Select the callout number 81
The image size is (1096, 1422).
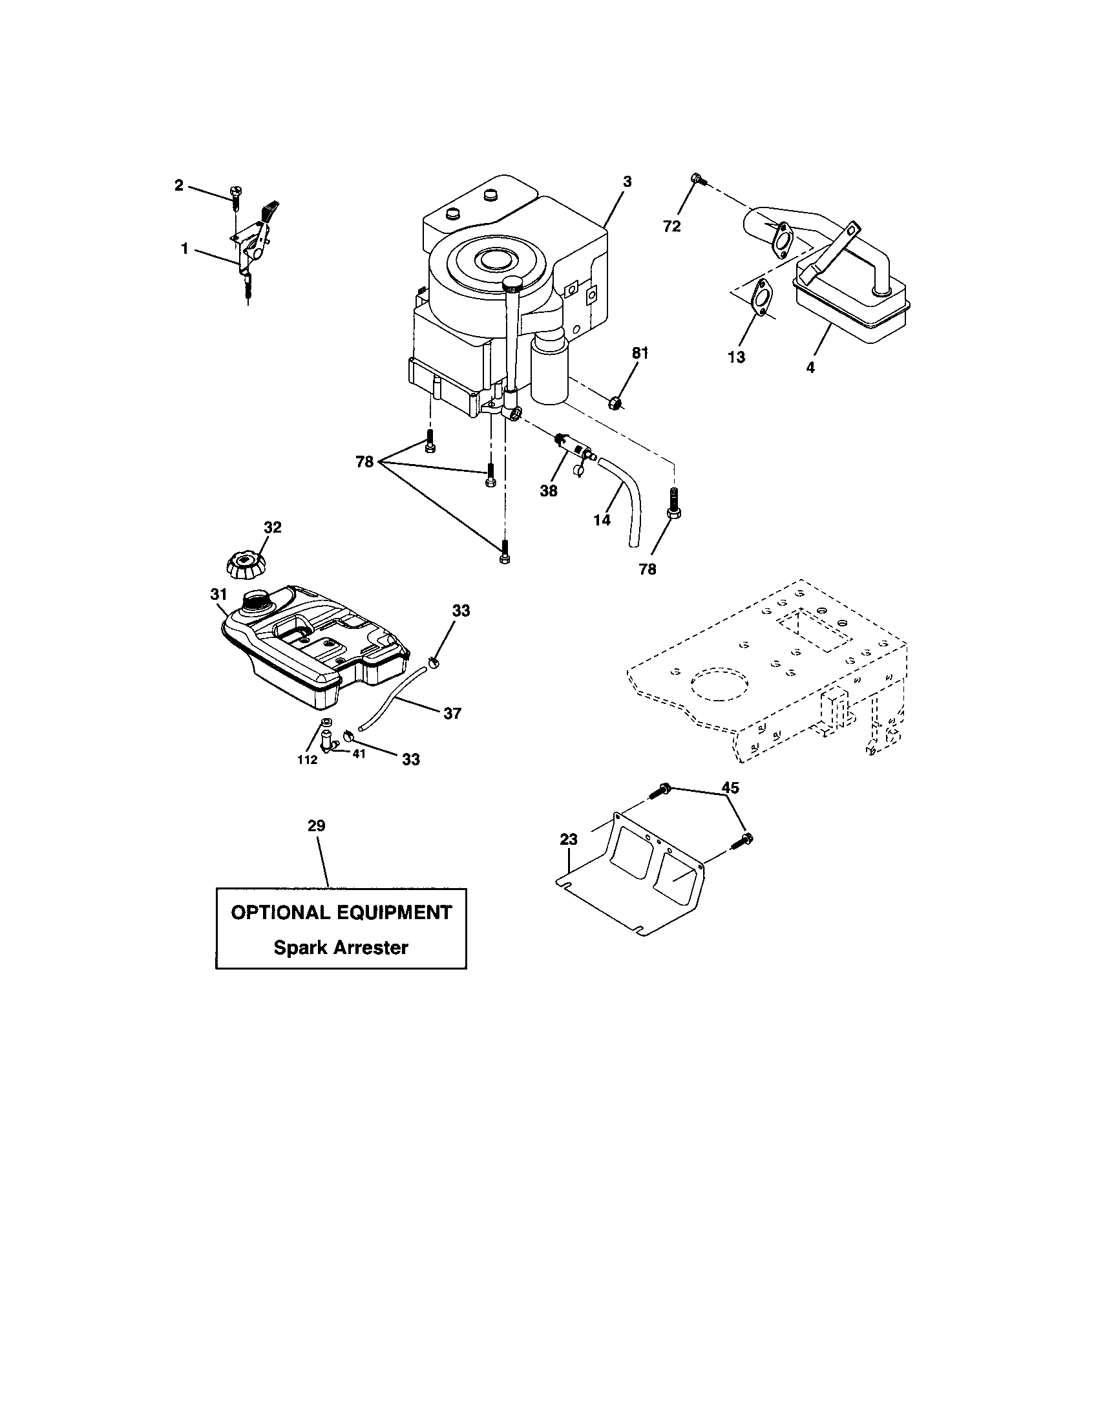(x=640, y=354)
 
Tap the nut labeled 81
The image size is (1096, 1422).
(x=615, y=405)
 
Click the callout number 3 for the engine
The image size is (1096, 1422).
(x=626, y=182)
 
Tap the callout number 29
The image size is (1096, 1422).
(x=316, y=825)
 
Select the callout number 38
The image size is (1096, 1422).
(x=549, y=491)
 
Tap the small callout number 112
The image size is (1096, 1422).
(x=307, y=760)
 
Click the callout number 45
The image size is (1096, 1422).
(x=730, y=788)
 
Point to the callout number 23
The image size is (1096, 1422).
(x=569, y=840)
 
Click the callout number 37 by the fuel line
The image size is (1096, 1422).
(x=452, y=714)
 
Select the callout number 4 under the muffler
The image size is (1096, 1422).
(x=810, y=367)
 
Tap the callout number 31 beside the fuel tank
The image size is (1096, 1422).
(x=218, y=594)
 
